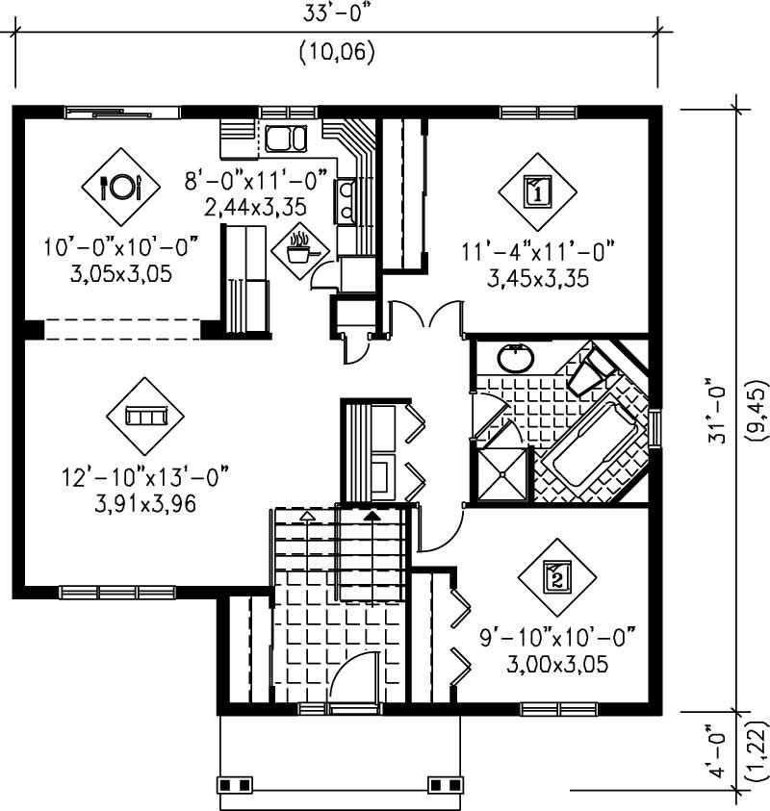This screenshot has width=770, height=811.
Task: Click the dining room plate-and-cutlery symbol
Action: point(122,185)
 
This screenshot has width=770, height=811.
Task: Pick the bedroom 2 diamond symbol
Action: point(555,577)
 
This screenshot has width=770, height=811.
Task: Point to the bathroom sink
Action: point(517,359)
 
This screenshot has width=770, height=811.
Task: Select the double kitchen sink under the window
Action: point(284,139)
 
